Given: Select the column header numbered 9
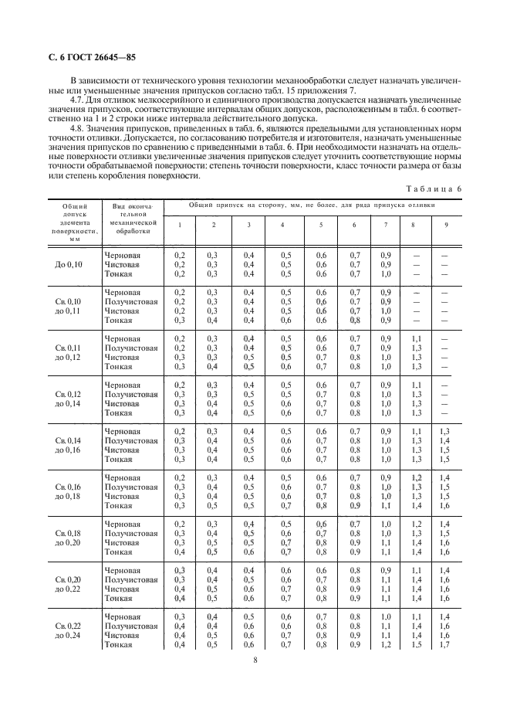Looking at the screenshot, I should [444, 225].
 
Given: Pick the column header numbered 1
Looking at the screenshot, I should [180, 225].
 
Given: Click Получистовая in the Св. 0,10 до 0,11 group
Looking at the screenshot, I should [131, 301].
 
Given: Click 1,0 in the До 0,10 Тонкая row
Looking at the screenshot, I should [387, 273].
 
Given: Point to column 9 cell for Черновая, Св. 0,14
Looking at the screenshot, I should [444, 430].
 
